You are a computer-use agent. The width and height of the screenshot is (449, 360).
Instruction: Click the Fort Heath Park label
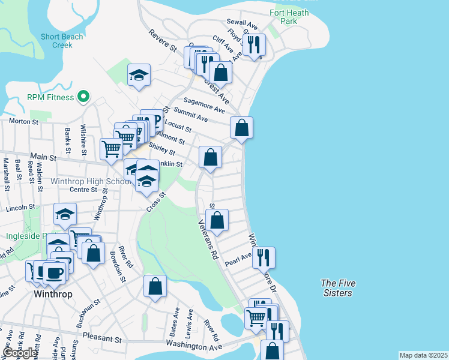[x=289, y=17]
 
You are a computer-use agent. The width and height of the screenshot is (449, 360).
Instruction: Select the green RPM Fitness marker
[x=85, y=97]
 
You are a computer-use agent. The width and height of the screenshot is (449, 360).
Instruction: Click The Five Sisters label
[x=336, y=288]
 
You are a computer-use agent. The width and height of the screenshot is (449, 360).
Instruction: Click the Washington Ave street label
[x=193, y=347]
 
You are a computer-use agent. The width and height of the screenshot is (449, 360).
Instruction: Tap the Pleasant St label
[x=103, y=338]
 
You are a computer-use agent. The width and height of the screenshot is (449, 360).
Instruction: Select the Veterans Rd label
[x=208, y=238]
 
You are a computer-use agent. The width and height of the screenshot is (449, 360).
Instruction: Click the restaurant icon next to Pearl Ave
[x=263, y=256]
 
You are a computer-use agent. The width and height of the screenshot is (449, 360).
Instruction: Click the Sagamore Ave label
[x=204, y=106]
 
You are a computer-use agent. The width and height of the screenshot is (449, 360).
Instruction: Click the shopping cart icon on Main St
[x=111, y=148]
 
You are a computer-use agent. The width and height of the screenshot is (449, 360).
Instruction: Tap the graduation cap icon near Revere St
[x=139, y=74]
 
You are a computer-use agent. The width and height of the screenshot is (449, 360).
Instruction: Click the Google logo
[x=19, y=353]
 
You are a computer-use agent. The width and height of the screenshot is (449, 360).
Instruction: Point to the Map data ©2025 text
[x=423, y=355]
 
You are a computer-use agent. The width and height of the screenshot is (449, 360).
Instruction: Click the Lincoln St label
[x=20, y=207]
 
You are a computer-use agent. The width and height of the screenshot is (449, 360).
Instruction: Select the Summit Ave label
[x=190, y=115]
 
